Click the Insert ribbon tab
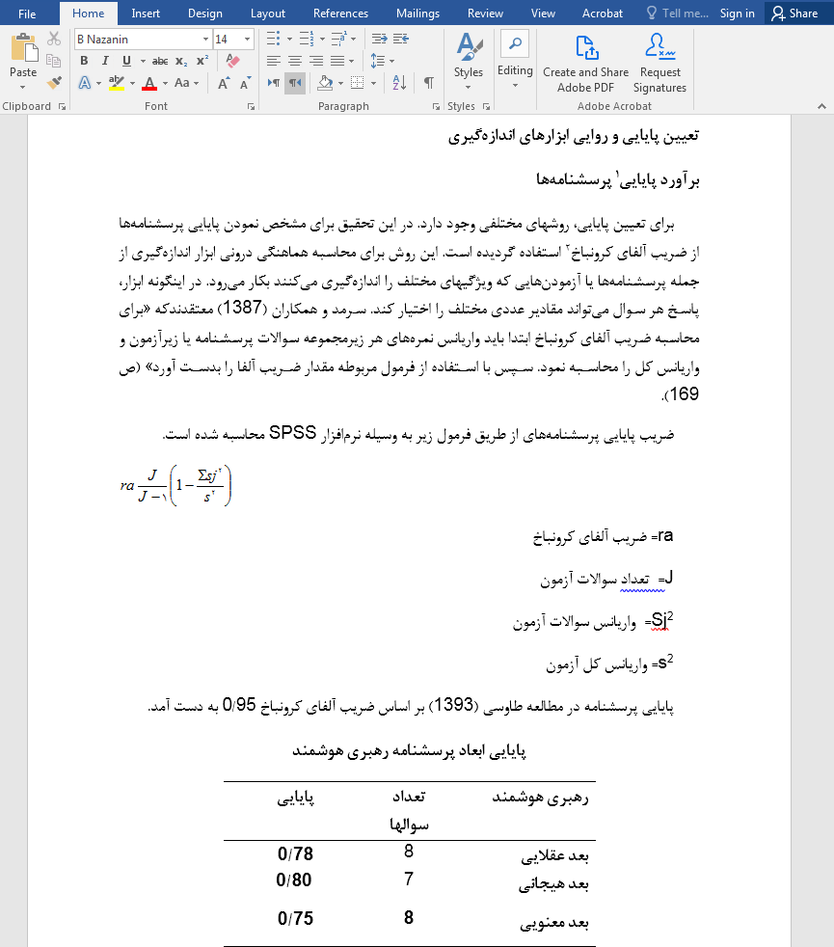coord(146,14)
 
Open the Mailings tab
coord(417,14)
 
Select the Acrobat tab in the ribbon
coord(602,14)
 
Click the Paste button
coord(23,58)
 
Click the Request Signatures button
coord(660,64)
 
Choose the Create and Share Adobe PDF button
coord(585,64)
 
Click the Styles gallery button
coord(469,58)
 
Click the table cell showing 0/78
coord(295,854)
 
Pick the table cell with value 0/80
coord(295,879)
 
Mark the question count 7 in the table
coord(409,879)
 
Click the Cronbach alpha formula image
coord(175,484)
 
